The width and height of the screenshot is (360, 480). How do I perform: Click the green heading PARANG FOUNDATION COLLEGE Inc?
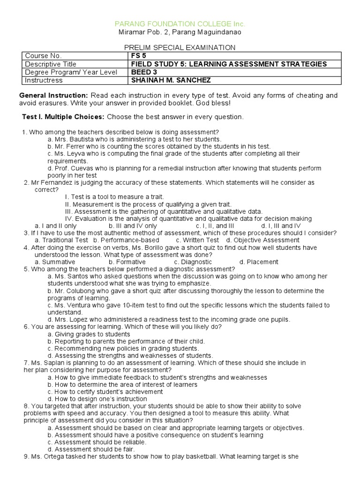(x=180, y=23)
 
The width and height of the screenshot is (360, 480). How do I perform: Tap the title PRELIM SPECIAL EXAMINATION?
(x=180, y=47)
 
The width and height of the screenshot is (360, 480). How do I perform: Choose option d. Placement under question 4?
(x=258, y=262)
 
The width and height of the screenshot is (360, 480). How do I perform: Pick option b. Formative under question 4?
(x=127, y=262)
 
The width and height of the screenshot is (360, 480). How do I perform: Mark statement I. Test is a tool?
(x=114, y=197)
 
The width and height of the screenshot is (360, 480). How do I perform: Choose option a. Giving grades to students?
(x=89, y=334)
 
